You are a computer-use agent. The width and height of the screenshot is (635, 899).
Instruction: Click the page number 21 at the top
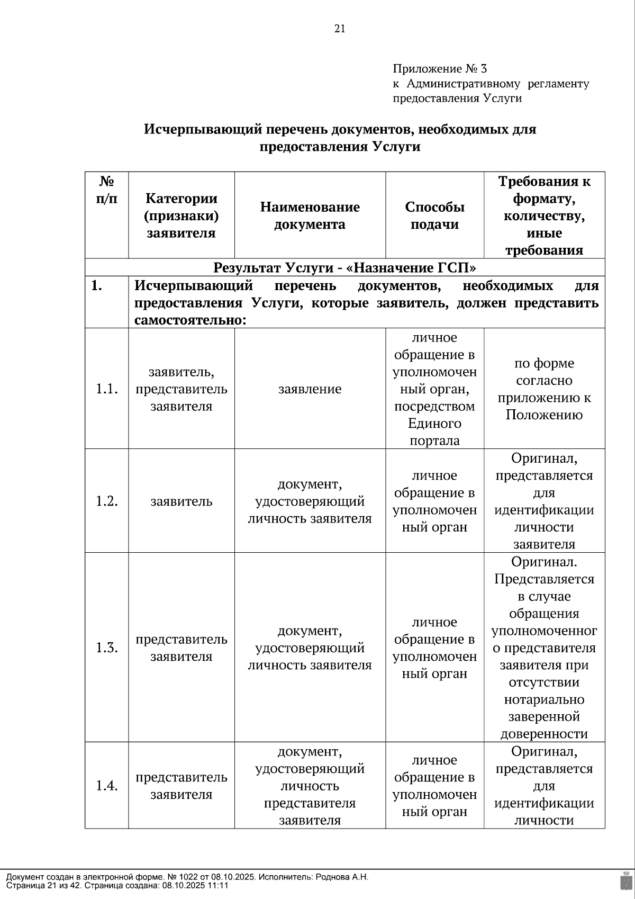(x=340, y=29)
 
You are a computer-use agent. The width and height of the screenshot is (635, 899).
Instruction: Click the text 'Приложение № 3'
(x=439, y=69)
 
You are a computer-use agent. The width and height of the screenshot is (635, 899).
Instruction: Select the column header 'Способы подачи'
(x=434, y=215)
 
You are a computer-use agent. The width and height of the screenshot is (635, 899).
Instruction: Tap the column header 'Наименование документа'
(x=310, y=215)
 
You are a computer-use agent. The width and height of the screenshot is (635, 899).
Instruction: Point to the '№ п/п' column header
(x=106, y=190)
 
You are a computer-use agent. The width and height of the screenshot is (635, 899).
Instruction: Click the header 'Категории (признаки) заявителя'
(x=181, y=215)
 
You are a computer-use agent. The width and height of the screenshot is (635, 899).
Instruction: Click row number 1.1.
(x=106, y=389)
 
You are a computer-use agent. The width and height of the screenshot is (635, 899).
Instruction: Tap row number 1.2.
(x=106, y=501)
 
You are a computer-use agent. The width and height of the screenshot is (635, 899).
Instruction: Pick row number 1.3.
(x=106, y=648)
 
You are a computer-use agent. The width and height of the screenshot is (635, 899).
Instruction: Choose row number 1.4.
(x=106, y=786)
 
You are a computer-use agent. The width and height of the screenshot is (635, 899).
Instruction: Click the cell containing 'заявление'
(x=310, y=389)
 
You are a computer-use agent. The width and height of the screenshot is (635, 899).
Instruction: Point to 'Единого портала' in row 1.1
(x=434, y=432)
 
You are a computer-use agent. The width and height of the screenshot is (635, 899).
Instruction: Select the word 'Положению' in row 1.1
(x=544, y=415)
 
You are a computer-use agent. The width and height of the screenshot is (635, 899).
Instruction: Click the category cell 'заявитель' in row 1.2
(x=181, y=501)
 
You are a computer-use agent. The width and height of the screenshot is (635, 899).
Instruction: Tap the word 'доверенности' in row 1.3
(x=544, y=734)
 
